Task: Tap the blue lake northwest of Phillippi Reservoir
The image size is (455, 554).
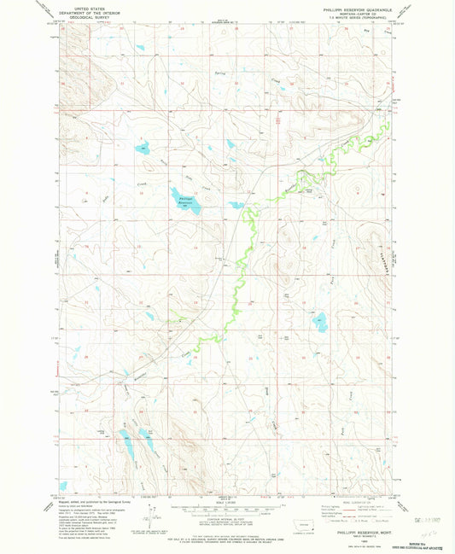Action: [143, 146]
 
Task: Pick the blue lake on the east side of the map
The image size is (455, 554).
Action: [322, 323]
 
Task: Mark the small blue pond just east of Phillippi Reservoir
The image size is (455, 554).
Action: [235, 205]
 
